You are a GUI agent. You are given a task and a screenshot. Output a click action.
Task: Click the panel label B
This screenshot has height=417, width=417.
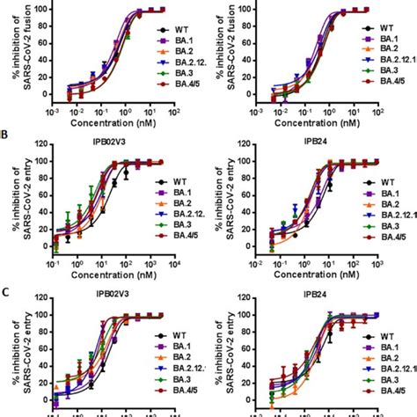[x=5, y=137]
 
